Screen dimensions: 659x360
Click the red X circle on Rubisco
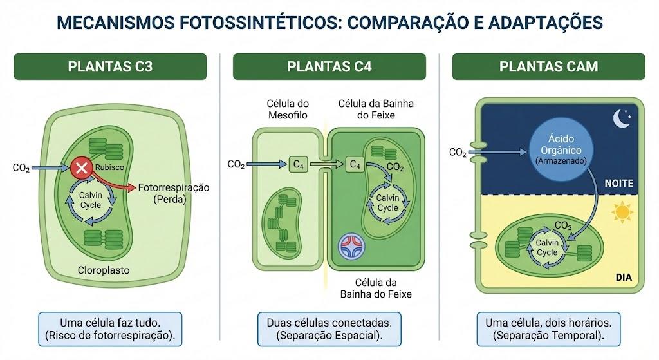click(82, 168)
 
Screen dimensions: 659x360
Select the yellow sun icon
click(622, 212)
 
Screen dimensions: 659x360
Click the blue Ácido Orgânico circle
click(561, 149)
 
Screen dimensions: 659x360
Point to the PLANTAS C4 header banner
click(329, 66)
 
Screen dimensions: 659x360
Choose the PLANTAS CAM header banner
click(548, 66)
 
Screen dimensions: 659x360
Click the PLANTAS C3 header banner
click(110, 66)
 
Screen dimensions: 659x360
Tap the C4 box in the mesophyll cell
click(298, 164)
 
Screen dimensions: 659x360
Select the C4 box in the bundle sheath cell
click(355, 164)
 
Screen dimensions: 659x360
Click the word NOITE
click(618, 184)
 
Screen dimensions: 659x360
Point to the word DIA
click(624, 278)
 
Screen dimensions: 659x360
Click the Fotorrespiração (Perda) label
click(173, 193)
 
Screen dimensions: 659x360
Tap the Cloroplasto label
click(104, 270)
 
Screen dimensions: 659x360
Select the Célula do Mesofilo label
click(288, 109)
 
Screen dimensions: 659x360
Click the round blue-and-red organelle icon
click(351, 246)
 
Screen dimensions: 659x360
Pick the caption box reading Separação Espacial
click(329, 329)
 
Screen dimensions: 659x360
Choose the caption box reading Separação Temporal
click(548, 329)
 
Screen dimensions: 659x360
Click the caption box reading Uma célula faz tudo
click(110, 329)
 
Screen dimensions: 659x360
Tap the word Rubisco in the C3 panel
click(109, 167)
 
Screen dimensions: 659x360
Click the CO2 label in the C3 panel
click(21, 168)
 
